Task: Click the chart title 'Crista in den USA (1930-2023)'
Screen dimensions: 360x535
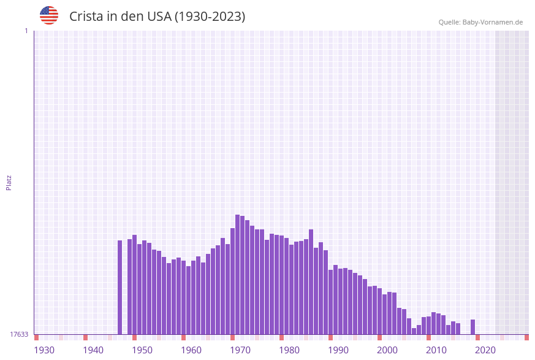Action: pyautogui.click(x=157, y=17)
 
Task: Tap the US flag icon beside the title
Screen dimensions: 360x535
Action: pyautogui.click(x=49, y=15)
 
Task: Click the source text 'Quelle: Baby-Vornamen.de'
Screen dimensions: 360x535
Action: pyautogui.click(x=480, y=22)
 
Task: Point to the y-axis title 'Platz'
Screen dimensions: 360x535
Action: pyautogui.click(x=9, y=182)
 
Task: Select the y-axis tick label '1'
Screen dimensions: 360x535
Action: pyautogui.click(x=26, y=31)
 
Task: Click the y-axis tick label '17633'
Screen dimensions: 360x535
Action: pyautogui.click(x=19, y=334)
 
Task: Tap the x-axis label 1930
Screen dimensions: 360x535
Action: pyautogui.click(x=44, y=350)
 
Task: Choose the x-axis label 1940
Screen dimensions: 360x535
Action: pyautogui.click(x=93, y=350)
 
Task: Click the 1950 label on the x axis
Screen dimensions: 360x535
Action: pyautogui.click(x=142, y=350)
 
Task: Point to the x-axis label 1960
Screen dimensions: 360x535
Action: pyautogui.click(x=191, y=350)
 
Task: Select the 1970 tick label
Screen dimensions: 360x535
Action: pyautogui.click(x=240, y=350)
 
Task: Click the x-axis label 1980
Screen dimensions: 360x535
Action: pyautogui.click(x=289, y=350)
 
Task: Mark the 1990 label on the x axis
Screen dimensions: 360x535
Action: pyautogui.click(x=338, y=350)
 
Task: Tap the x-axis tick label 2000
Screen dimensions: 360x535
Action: pyautogui.click(x=387, y=350)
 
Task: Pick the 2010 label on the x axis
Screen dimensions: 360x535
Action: pyautogui.click(x=436, y=350)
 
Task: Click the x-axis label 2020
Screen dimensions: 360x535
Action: pyautogui.click(x=485, y=350)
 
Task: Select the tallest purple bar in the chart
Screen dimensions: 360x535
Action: pyautogui.click(x=238, y=274)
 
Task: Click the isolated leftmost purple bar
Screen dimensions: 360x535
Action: pyautogui.click(x=120, y=287)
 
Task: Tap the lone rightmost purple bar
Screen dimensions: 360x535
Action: pyautogui.click(x=473, y=327)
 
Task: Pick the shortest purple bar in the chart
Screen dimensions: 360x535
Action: pyautogui.click(x=414, y=331)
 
